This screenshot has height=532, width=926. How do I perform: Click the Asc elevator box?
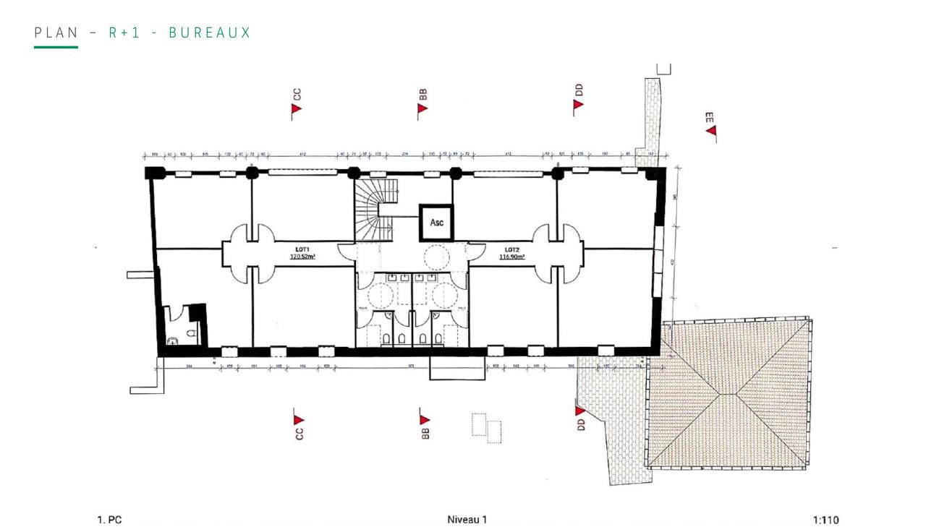tap(437, 223)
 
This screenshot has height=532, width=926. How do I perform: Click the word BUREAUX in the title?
tap(210, 33)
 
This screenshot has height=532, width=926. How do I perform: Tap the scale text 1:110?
tap(825, 520)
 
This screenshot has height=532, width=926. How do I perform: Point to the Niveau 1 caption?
tap(467, 519)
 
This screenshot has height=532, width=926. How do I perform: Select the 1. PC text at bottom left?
tap(109, 520)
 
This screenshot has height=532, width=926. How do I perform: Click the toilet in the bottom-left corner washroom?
tap(174, 340)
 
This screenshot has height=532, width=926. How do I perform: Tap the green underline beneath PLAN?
tap(56, 47)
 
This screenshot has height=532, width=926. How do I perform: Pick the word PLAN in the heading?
tap(56, 33)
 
